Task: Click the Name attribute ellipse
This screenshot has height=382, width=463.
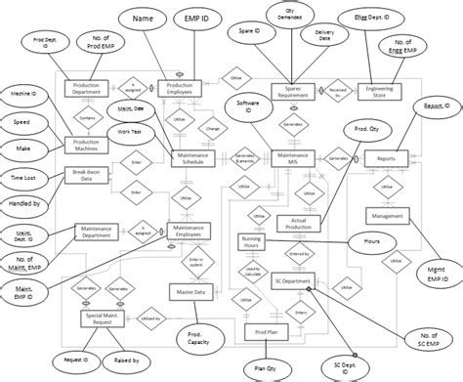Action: [143, 19]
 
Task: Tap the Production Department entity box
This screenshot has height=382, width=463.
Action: [90, 88]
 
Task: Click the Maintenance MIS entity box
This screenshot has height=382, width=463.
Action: [297, 156]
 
